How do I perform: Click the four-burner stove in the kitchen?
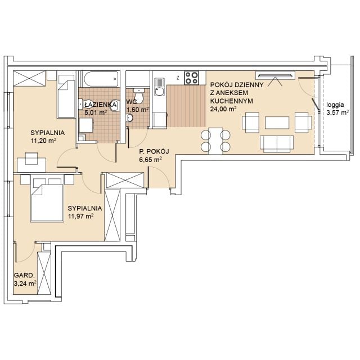coord(192,78)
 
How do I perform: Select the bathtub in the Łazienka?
coord(101,79)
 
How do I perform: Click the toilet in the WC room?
coord(139,96)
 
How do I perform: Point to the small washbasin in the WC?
coord(130,118)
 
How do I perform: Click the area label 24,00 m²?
coord(224,109)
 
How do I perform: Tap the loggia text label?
coord(335,105)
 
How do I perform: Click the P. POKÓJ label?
coord(154,151)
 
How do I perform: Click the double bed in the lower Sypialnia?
coord(47,199)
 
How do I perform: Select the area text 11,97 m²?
coord(80,216)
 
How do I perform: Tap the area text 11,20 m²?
coord(43,140)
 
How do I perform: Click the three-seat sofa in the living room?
coord(277,144)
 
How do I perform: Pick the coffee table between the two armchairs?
coord(277,123)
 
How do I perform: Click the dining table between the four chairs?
coord(215,141)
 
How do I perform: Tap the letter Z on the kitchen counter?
coord(178,78)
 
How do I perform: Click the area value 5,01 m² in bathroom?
coord(96,112)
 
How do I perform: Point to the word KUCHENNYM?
coord(232,101)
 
